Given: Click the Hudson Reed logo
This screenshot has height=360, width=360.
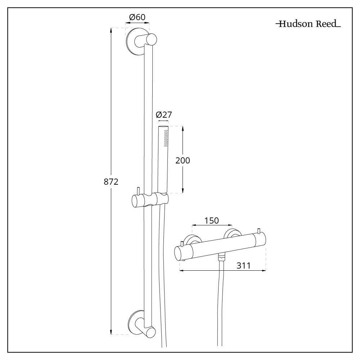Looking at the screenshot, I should coord(308,24).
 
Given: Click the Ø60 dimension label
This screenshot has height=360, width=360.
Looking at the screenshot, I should coord(137,17).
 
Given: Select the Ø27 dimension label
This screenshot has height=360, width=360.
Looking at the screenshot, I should coord(163,115).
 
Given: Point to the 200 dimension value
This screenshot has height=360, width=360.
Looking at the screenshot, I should coord(183,160).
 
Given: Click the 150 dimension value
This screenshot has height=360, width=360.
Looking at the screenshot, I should coord(211,220).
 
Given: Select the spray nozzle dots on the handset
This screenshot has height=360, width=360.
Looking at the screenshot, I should coord(166,138).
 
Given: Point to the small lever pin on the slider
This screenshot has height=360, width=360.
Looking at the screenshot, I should coord(138,191).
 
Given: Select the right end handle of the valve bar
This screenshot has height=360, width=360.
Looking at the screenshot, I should coord(260,239).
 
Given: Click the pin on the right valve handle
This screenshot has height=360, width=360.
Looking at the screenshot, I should coord(258,230).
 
